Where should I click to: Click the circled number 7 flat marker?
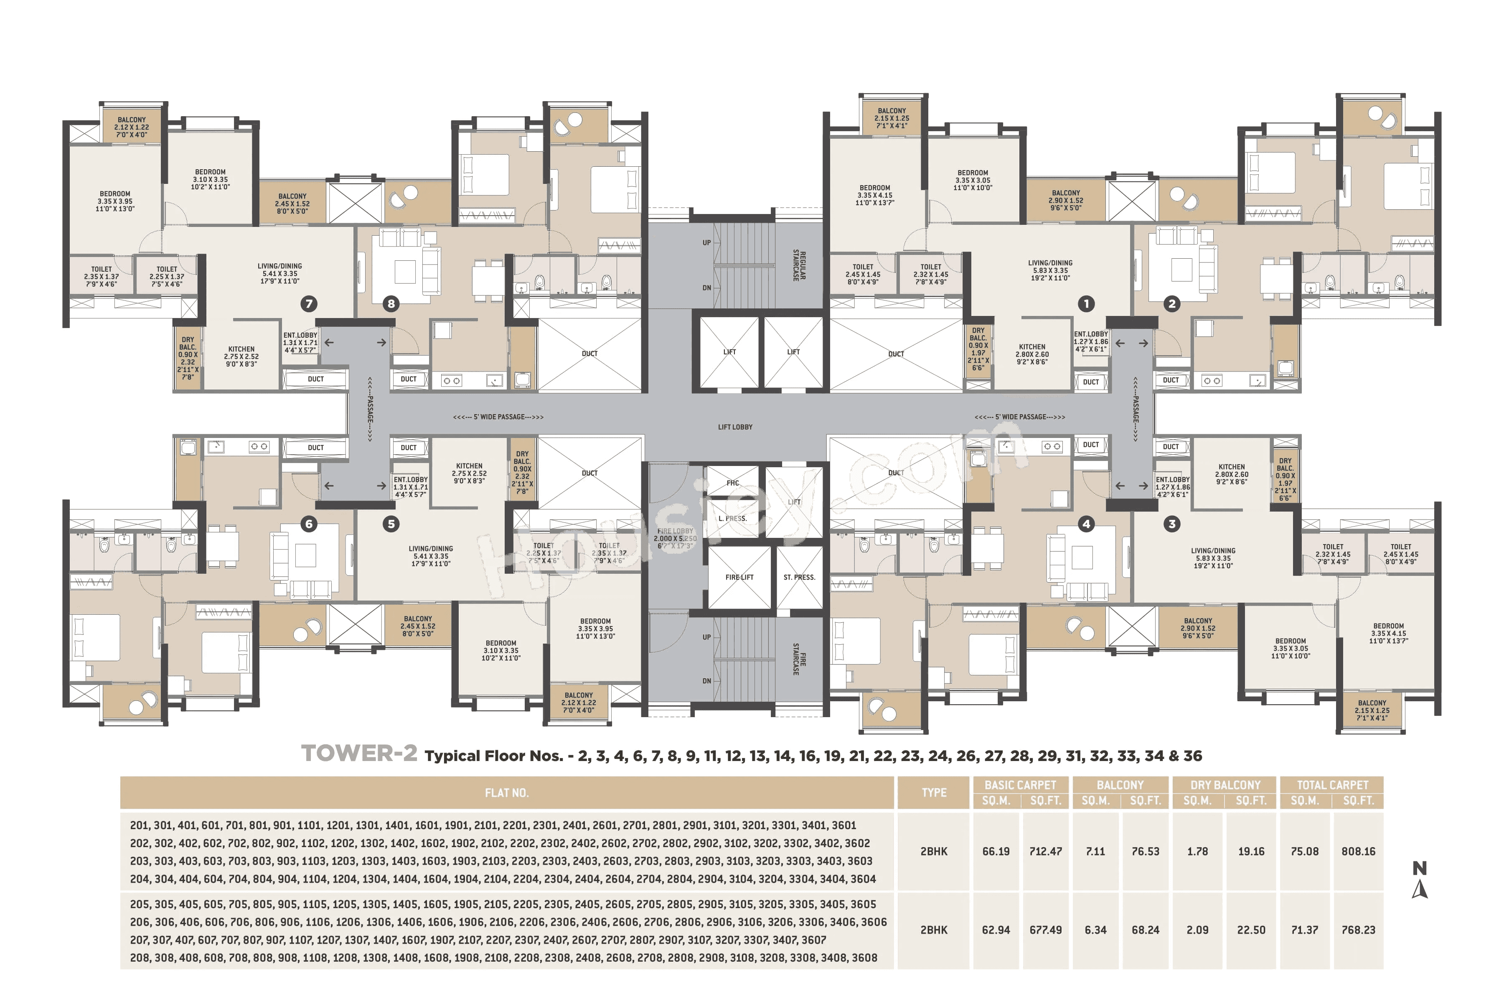pos(309,304)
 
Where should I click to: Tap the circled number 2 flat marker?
pos(1171,304)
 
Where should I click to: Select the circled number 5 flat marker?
pos(391,524)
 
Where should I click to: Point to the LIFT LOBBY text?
pos(735,427)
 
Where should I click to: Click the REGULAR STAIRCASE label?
pos(799,265)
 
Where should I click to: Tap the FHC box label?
pos(733,483)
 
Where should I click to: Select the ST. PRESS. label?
pos(799,577)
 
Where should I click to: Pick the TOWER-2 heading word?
pos(359,754)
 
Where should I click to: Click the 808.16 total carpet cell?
pos(1358,851)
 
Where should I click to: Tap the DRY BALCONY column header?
pos(1225,785)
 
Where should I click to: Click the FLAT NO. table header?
pos(506,792)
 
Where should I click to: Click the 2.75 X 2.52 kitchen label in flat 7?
pos(241,357)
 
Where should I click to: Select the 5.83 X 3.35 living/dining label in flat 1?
pos(1050,270)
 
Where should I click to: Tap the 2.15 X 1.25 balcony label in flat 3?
pos(1372,710)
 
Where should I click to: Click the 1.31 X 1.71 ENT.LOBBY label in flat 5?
pos(411,487)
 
